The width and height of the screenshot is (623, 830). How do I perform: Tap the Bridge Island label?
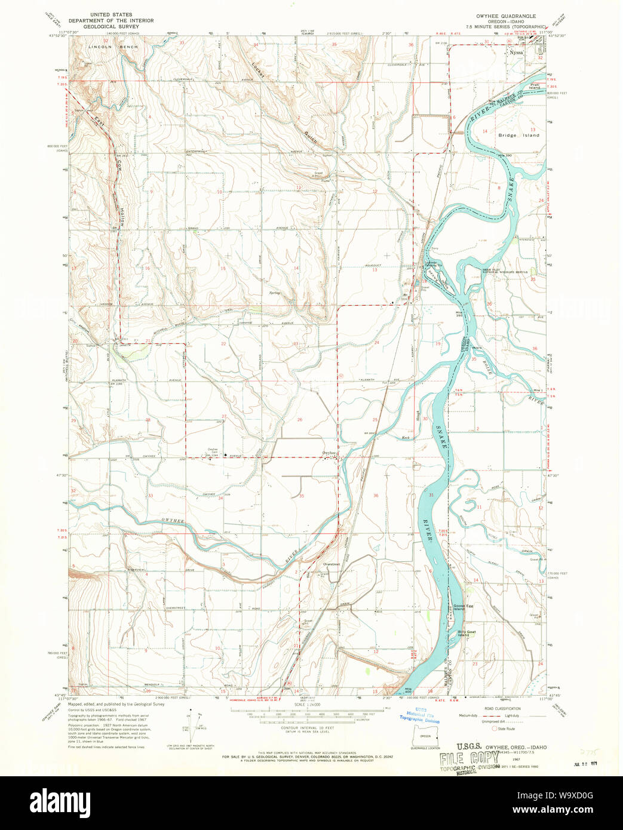point(518,136)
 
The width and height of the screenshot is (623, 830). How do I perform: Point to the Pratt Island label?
point(533,87)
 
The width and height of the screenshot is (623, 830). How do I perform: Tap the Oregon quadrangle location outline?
point(425,737)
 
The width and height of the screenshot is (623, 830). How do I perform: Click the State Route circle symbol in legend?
point(494,728)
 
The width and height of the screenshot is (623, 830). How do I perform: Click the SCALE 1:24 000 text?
point(307,705)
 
